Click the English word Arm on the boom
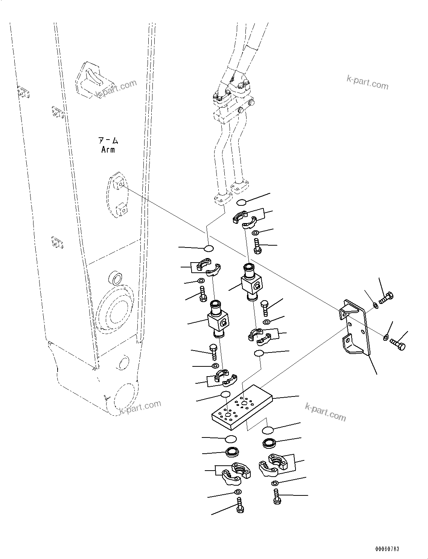pos(108,150)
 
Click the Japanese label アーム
pos(108,141)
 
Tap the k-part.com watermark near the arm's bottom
pos(140,407)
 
